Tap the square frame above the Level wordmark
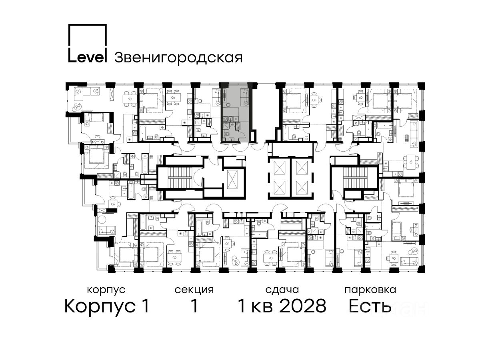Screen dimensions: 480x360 point(88,24)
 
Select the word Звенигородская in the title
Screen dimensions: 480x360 point(178,58)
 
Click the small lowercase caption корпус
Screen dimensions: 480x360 point(106,290)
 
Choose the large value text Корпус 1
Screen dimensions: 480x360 point(107,306)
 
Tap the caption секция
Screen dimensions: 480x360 point(194,290)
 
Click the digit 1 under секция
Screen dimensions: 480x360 point(194,306)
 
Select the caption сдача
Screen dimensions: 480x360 point(282,290)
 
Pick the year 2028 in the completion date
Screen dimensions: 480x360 point(303,306)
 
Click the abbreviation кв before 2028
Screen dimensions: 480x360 point(262,308)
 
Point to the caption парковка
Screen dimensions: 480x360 point(370,290)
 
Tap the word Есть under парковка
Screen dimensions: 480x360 point(370,306)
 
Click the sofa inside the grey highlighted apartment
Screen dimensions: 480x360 point(244,97)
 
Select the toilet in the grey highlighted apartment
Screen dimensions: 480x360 point(226,134)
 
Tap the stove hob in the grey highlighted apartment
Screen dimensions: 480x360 point(225,119)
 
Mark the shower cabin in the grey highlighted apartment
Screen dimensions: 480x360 point(226,126)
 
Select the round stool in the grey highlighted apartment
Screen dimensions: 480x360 point(228,105)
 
